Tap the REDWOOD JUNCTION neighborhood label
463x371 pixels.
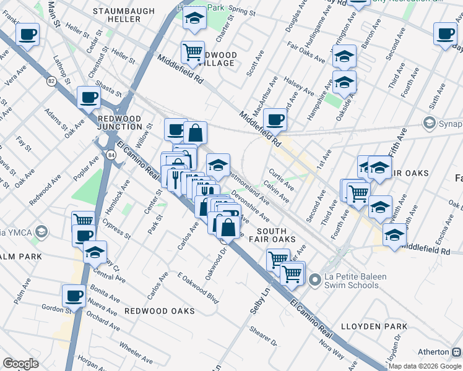120,122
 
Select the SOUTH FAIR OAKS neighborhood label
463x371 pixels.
271,235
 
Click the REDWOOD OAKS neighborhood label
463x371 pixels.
159,310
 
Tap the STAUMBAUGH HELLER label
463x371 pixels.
117,15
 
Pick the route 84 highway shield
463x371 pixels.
110,153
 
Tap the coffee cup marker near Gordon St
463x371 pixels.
74,295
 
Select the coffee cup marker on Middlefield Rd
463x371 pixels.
275,119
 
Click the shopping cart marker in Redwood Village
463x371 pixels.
193,51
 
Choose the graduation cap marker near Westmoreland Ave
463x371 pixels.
218,164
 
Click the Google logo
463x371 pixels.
20,364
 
